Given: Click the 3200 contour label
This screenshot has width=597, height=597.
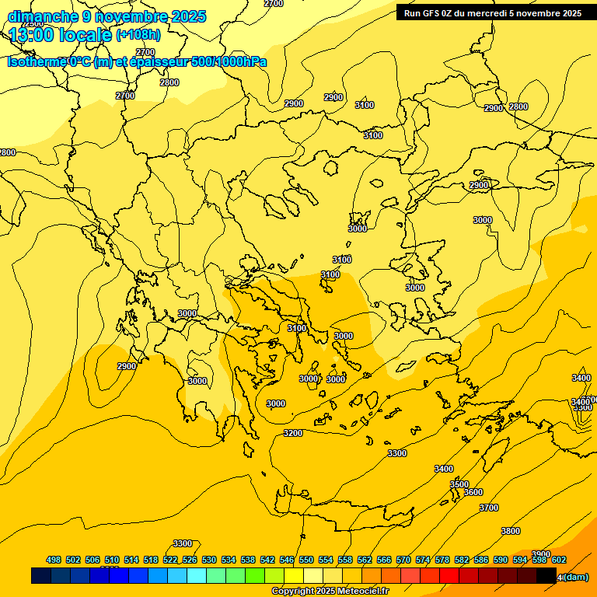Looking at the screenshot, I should pyautogui.click(x=293, y=433).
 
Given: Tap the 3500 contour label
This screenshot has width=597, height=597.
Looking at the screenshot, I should pyautogui.click(x=459, y=484).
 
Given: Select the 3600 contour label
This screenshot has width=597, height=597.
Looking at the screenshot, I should pyautogui.click(x=473, y=492).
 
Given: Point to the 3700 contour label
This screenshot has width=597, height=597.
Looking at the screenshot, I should pyautogui.click(x=489, y=508).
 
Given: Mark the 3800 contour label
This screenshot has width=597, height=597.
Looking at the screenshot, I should pyautogui.click(x=511, y=531).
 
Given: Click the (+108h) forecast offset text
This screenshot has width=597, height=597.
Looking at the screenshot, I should pyautogui.click(x=138, y=35).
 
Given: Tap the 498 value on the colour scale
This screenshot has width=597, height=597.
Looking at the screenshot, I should pyautogui.click(x=54, y=560).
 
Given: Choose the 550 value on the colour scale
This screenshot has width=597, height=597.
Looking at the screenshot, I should pyautogui.click(x=306, y=560).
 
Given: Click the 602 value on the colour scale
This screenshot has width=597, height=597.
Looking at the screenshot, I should pyautogui.click(x=559, y=560).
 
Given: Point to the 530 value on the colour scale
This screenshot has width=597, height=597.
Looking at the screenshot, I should pyautogui.click(x=209, y=560).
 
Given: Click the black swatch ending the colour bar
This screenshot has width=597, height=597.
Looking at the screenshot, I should pyautogui.click(x=546, y=576).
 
